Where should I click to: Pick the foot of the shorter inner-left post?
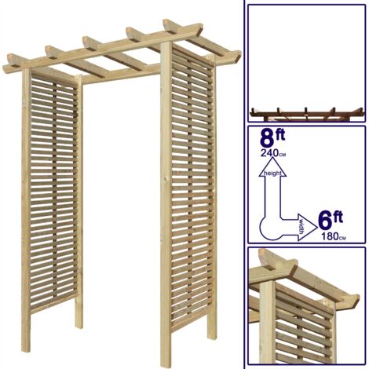79,326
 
